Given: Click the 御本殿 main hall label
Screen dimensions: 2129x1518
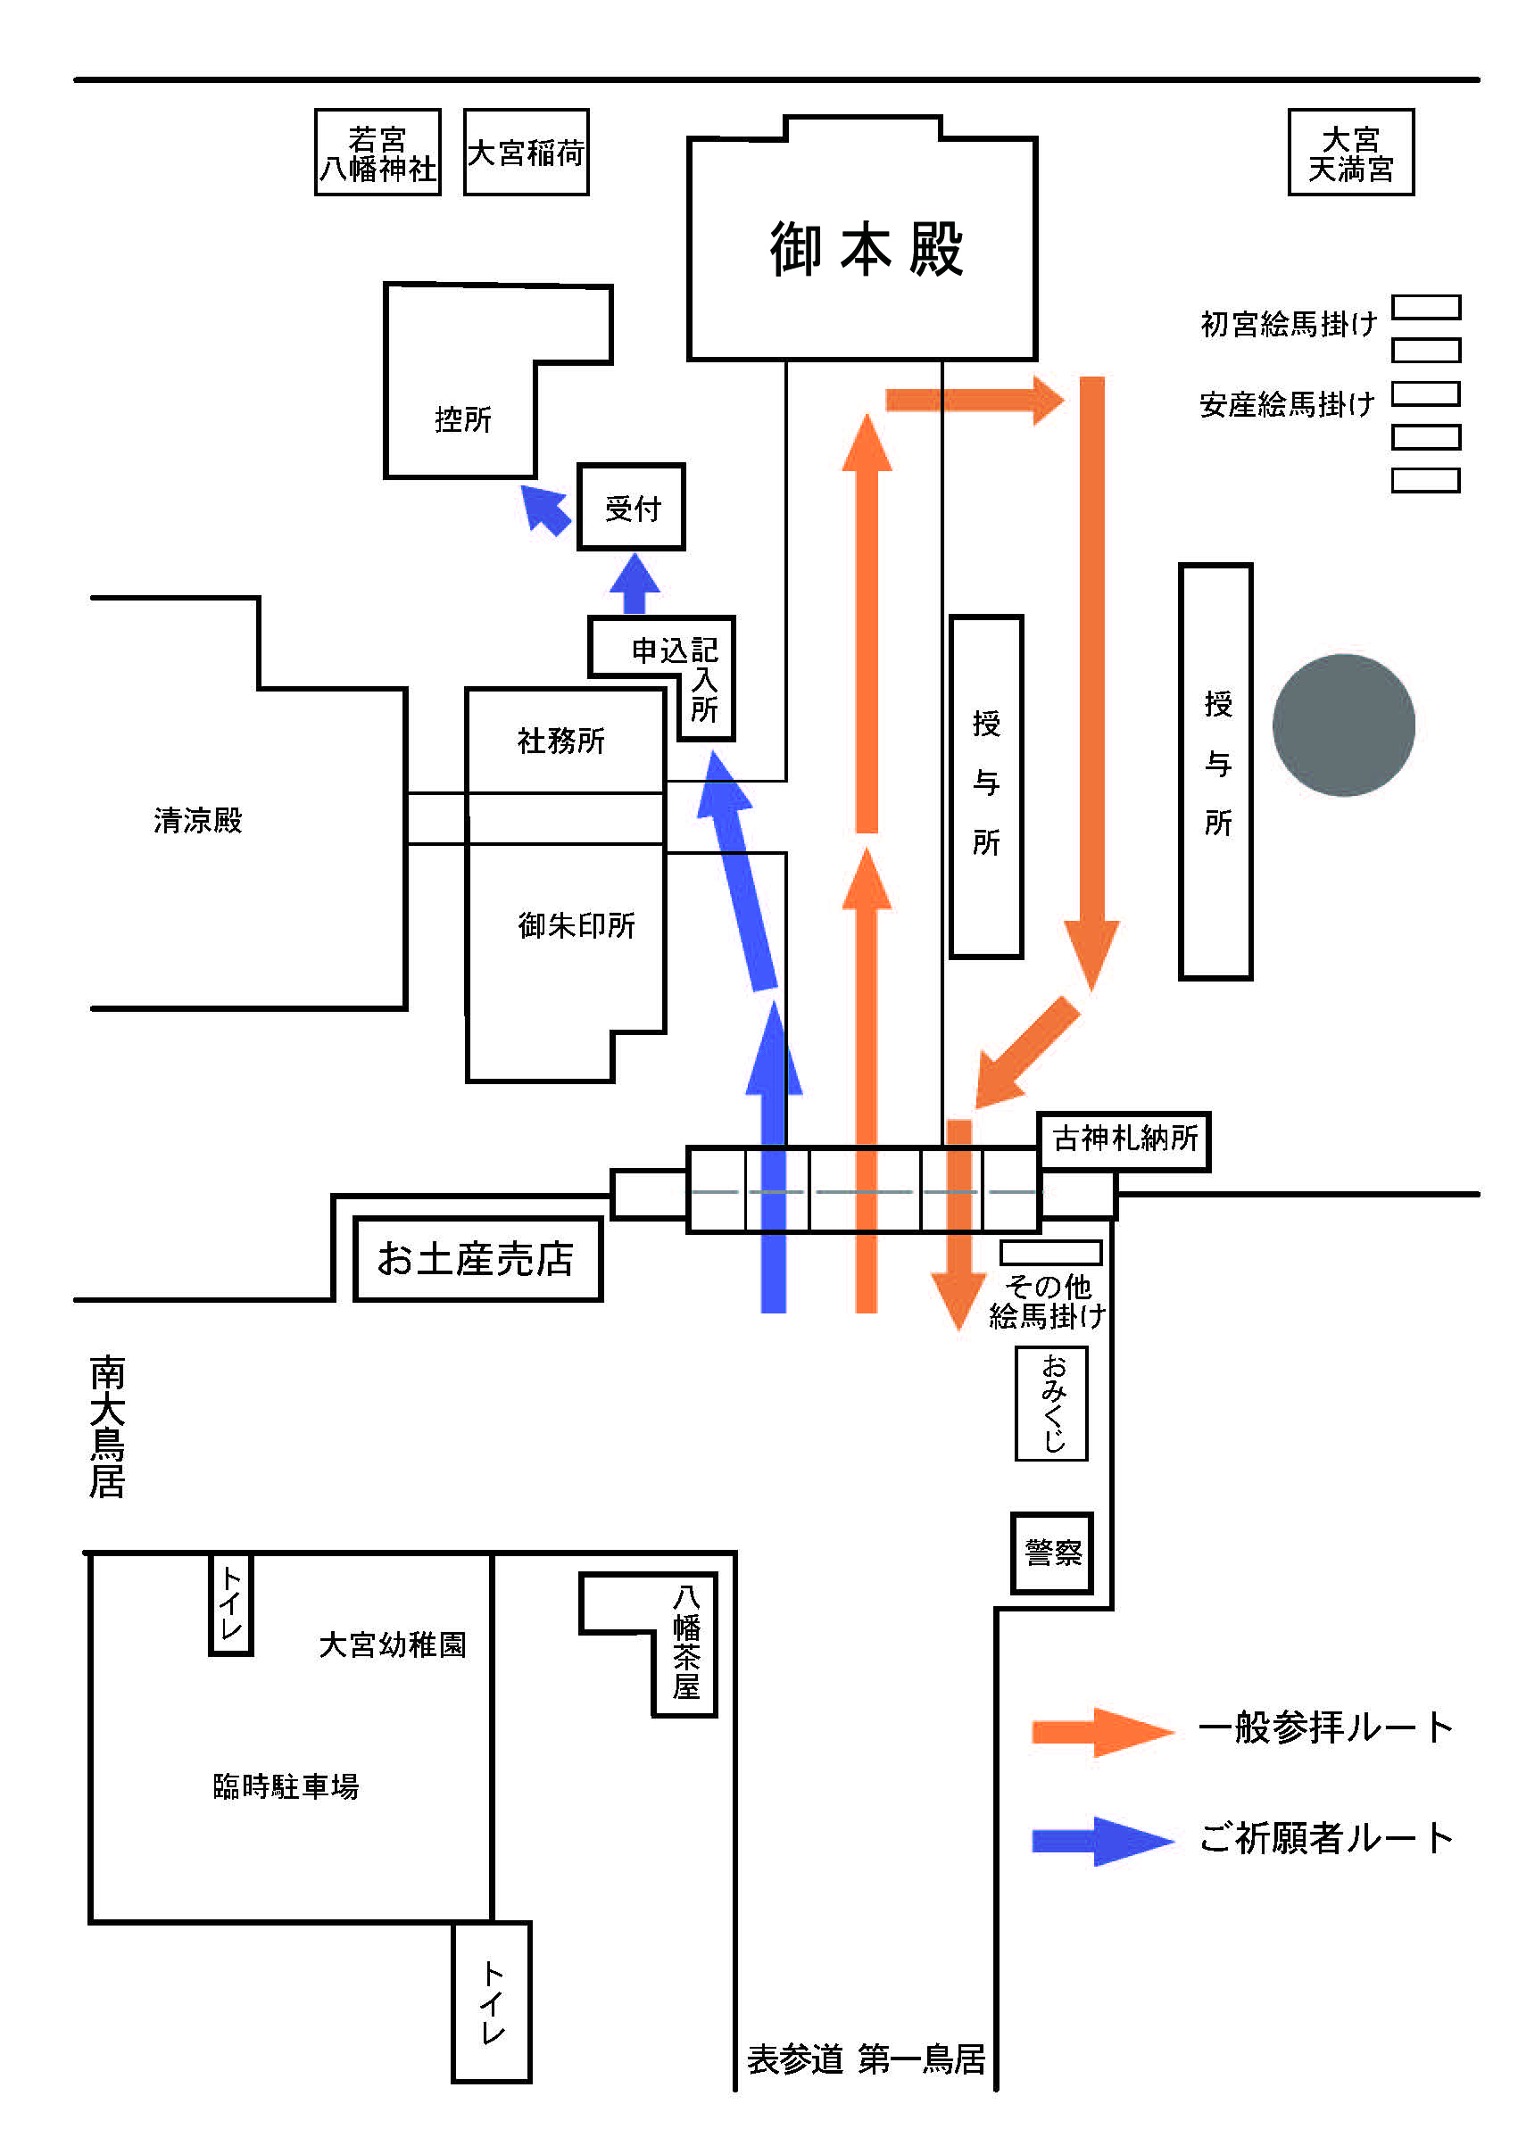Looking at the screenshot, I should [x=866, y=250].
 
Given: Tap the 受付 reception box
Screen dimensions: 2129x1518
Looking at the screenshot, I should [x=631, y=508].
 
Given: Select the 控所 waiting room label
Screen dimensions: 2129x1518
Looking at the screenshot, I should [x=462, y=419].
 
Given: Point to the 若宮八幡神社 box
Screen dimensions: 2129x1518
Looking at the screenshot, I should [x=377, y=153].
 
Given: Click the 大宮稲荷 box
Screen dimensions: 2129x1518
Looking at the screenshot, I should [x=527, y=153].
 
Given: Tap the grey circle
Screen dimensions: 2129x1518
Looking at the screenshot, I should [x=1343, y=725].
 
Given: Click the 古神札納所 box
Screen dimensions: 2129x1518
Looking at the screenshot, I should [x=1124, y=1139].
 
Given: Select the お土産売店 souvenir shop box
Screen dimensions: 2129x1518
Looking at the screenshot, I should [x=477, y=1258].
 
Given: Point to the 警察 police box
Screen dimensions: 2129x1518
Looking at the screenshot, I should [x=1052, y=1553].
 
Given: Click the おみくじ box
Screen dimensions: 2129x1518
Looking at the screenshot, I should [x=1051, y=1403].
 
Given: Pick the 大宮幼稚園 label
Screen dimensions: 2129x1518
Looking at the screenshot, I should [x=392, y=1644].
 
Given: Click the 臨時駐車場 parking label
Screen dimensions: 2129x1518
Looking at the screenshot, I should [x=286, y=1787].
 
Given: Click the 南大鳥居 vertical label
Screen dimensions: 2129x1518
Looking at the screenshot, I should [x=107, y=1426].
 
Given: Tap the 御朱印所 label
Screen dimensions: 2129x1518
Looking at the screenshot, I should [x=577, y=925].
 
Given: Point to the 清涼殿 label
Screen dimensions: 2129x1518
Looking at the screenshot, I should [x=198, y=821].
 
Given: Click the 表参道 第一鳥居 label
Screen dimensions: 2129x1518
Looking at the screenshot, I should [x=866, y=2059].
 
